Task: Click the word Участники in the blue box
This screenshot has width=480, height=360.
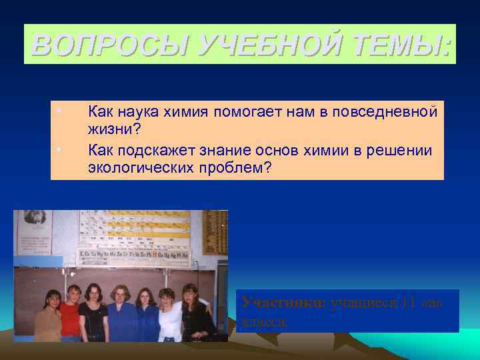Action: pyautogui.click(x=283, y=303)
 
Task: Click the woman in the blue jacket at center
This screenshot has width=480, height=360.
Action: pyautogui.click(x=122, y=317)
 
